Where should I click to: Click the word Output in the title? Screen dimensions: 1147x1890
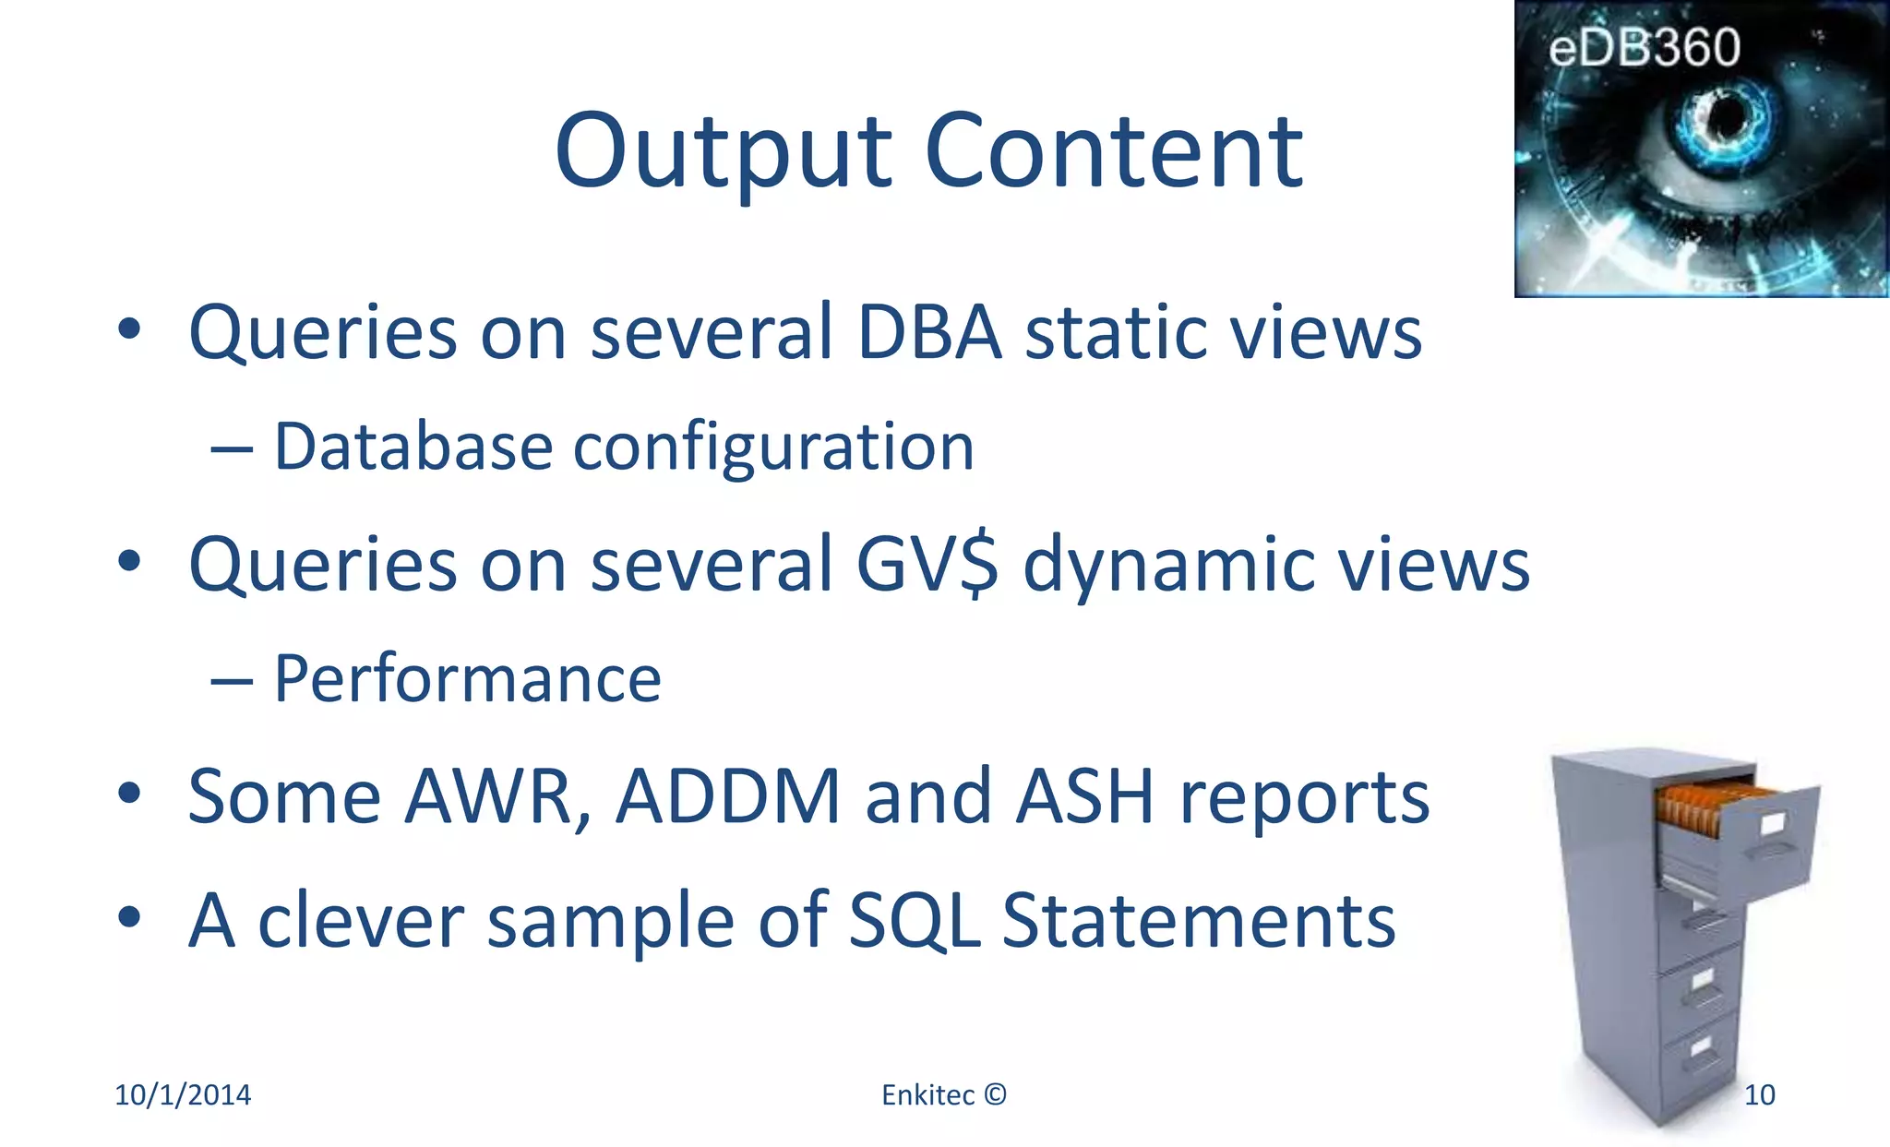pyautogui.click(x=723, y=152)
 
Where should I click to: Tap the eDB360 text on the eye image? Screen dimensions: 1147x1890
pyautogui.click(x=1644, y=48)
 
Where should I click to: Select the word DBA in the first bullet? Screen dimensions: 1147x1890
pyautogui.click(x=928, y=332)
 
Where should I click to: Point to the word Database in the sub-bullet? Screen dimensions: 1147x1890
pyautogui.click(x=413, y=448)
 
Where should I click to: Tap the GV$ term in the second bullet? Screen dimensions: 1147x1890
pyautogui.click(x=927, y=565)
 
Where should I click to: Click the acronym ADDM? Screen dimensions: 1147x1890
pyautogui.click(x=728, y=796)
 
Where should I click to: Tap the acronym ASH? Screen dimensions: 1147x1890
pyautogui.click(x=1085, y=796)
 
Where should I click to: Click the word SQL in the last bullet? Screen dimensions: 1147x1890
pyautogui.click(x=914, y=921)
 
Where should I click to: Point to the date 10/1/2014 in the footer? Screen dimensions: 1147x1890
pyautogui.click(x=182, y=1095)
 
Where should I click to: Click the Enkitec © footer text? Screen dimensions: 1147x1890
pyautogui.click(x=943, y=1095)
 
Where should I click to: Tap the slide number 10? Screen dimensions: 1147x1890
pyautogui.click(x=1759, y=1095)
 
